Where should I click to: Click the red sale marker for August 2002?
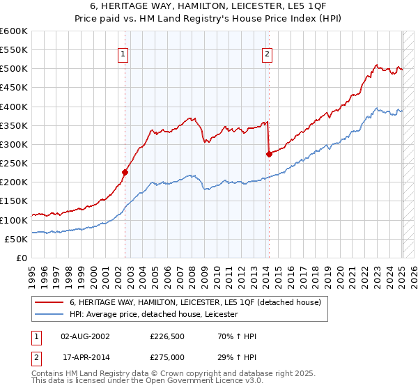tap(125, 172)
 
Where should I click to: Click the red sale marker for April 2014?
tap(269, 154)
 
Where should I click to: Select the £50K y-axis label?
tap(16, 239)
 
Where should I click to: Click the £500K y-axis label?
tap(13, 69)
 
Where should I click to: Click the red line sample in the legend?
tap(49, 303)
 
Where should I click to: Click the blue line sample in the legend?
tap(49, 315)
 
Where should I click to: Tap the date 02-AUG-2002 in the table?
tap(85, 336)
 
